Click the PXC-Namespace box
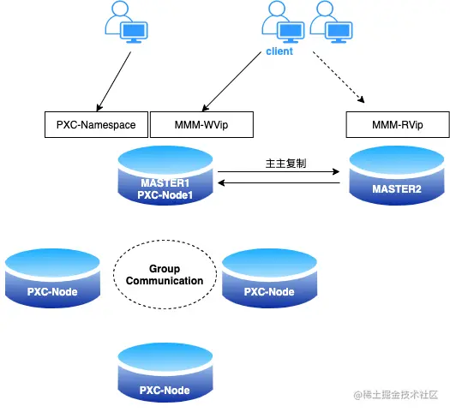(x=96, y=125)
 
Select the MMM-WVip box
(x=201, y=125)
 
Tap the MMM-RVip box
(x=398, y=125)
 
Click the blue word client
(x=279, y=51)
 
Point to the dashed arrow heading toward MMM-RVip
(x=339, y=77)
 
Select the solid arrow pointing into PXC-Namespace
(x=114, y=81)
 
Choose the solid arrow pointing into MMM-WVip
(x=231, y=81)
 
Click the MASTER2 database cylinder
(x=397, y=176)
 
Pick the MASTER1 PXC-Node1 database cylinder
(x=165, y=176)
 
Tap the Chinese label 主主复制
(x=285, y=164)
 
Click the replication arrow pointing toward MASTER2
(x=279, y=172)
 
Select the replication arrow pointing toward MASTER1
(x=279, y=182)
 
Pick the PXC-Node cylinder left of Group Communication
(x=52, y=278)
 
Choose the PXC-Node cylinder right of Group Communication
(x=269, y=278)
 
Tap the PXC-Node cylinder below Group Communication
(x=165, y=373)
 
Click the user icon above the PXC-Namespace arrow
(x=126, y=21)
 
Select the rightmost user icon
(x=331, y=21)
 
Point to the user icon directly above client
(x=283, y=21)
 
